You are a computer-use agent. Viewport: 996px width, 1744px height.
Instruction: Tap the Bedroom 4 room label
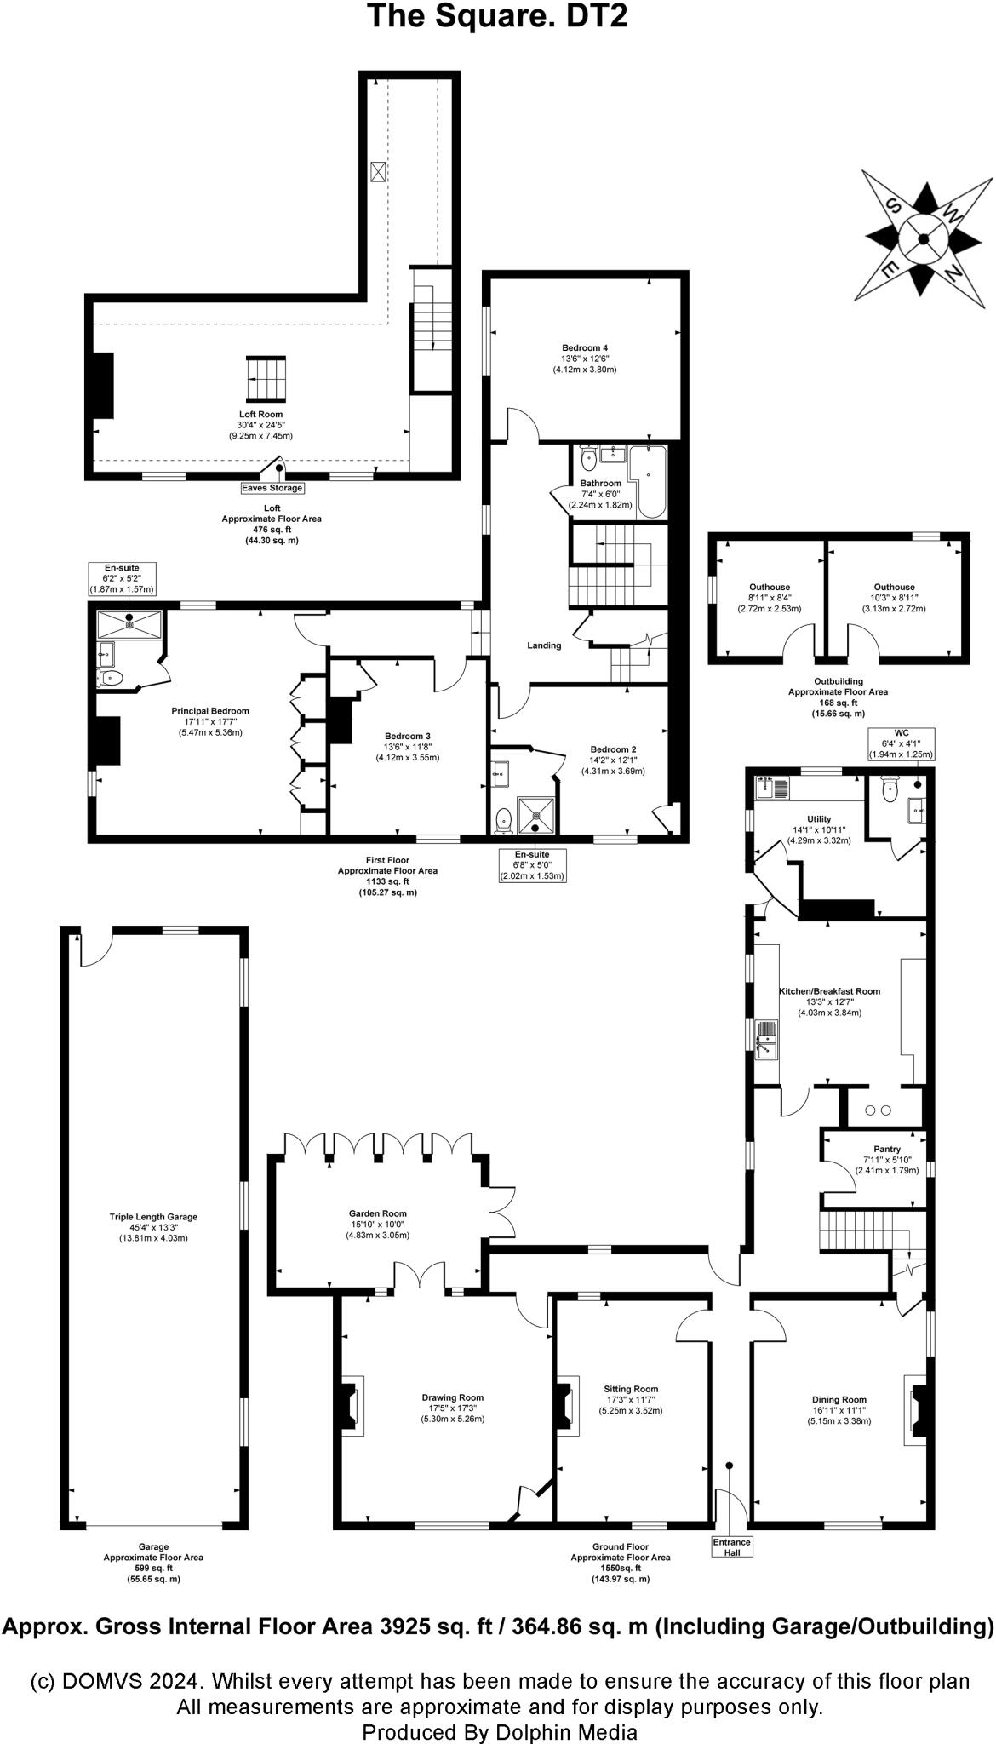[584, 347]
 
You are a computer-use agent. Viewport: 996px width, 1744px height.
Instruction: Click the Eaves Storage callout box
[272, 488]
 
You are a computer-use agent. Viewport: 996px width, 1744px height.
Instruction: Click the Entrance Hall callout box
[731, 1546]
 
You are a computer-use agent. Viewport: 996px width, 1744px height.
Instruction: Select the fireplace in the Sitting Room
[563, 1407]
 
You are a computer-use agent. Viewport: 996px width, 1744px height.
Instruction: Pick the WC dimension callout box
[901, 743]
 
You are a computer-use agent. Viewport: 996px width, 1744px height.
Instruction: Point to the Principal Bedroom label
[210, 711]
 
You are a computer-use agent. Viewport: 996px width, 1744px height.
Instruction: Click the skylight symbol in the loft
[378, 170]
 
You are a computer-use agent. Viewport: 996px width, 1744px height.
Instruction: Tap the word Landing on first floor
[544, 645]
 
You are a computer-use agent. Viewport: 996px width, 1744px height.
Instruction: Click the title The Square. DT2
[497, 16]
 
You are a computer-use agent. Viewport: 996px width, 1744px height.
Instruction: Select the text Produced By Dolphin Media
[499, 1731]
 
